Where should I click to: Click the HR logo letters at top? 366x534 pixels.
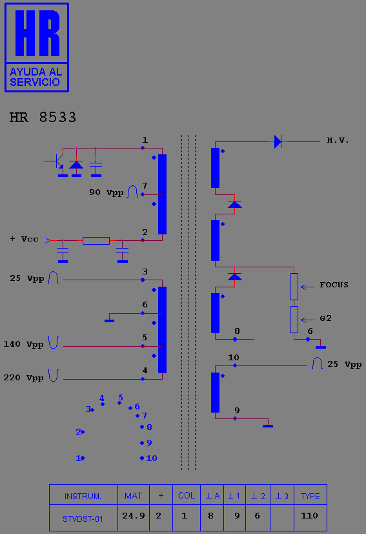click(37, 33)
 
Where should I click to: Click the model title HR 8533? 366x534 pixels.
click(43, 117)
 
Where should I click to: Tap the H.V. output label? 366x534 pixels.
click(338, 140)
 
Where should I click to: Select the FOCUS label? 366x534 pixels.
click(334, 285)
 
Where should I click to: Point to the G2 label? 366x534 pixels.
click(325, 318)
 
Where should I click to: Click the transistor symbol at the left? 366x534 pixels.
click(58, 161)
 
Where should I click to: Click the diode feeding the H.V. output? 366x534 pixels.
click(278, 141)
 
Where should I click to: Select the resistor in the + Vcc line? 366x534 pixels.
click(96, 241)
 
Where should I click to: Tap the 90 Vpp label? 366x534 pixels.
click(107, 192)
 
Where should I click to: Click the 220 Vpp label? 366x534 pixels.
click(23, 378)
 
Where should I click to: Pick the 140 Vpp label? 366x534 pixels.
click(23, 344)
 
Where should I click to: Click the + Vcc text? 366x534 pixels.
click(24, 239)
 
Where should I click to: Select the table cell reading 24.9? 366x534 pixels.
click(134, 516)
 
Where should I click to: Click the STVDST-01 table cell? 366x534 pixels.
click(83, 519)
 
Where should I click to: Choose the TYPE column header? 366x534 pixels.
click(310, 496)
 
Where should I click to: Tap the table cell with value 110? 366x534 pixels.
click(310, 516)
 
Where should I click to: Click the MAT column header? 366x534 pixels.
click(134, 496)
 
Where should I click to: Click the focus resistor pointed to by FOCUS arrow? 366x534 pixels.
click(294, 287)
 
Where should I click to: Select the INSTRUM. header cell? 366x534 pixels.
click(83, 496)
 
